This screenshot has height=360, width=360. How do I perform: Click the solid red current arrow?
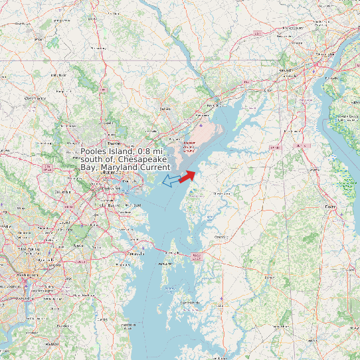pyautogui.click(x=187, y=175)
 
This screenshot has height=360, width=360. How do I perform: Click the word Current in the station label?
pyautogui.click(x=154, y=167)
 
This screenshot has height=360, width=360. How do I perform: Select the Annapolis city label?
pyautogui.click(x=135, y=254)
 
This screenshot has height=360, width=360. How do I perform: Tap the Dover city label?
pyautogui.click(x=330, y=207)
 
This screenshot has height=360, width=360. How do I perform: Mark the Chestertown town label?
pyautogui.click(x=221, y=193)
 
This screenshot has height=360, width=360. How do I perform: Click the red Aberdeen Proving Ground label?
pyautogui.click(x=189, y=146)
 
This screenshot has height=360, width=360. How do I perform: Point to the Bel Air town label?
pyautogui.click(x=165, y=108)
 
